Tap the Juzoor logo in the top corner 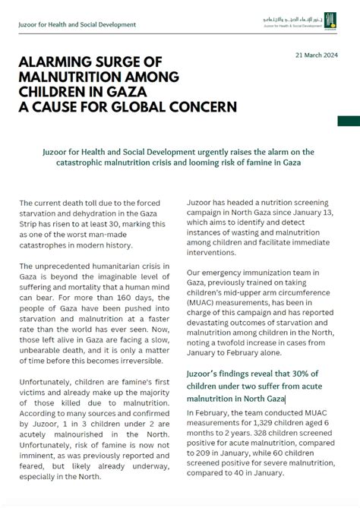(329, 21)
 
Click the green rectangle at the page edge (349, 120)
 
